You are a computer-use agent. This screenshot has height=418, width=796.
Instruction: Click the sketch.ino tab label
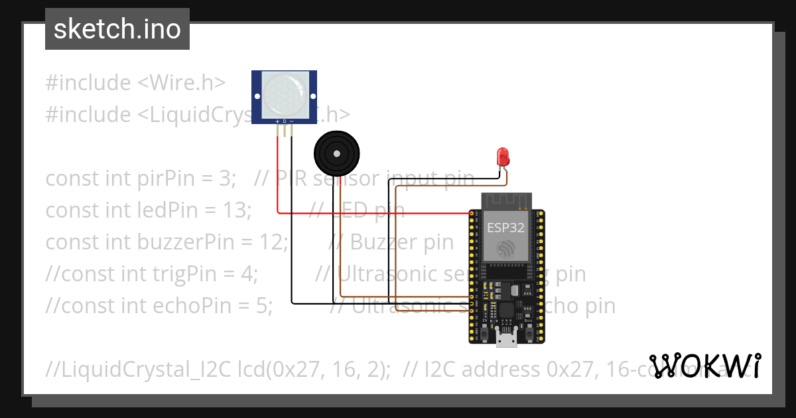click(x=117, y=29)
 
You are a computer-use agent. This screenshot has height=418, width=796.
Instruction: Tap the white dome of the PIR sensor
click(x=285, y=94)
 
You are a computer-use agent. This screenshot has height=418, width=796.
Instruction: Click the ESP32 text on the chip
click(x=505, y=228)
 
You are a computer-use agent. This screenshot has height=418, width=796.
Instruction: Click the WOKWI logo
click(x=705, y=366)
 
